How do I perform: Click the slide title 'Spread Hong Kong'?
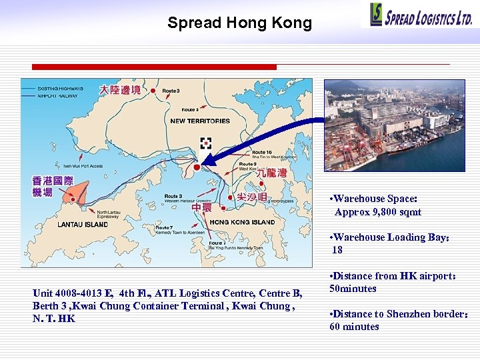pyautogui.click(x=239, y=23)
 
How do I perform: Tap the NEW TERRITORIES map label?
pyautogui.click(x=200, y=121)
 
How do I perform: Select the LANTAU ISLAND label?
pyautogui.click(x=83, y=225)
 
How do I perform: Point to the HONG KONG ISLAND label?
pyautogui.click(x=243, y=222)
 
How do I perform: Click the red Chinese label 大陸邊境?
pyautogui.click(x=120, y=90)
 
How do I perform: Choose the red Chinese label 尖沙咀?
pyautogui.click(x=251, y=197)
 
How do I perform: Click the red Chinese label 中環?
pyautogui.click(x=202, y=208)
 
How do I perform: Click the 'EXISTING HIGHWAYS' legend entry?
pyautogui.click(x=60, y=89)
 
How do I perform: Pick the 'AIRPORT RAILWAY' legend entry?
pyautogui.click(x=57, y=96)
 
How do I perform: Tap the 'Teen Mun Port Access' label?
pyautogui.click(x=83, y=166)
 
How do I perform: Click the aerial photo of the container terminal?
pyautogui.click(x=394, y=126)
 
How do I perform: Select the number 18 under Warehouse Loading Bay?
pyautogui.click(x=337, y=250)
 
